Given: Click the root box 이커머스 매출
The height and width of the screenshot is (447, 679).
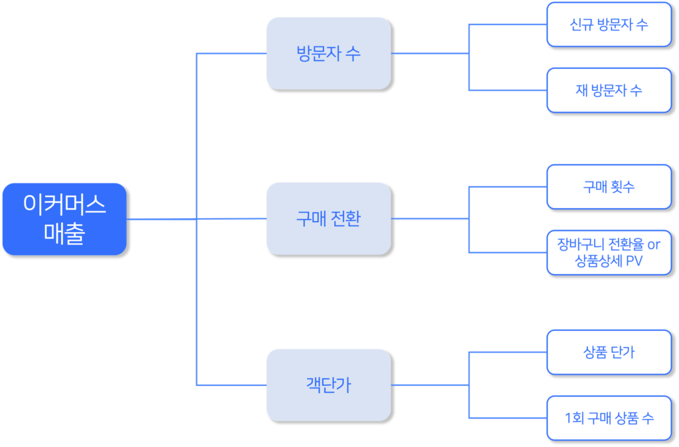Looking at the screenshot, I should pos(64,219).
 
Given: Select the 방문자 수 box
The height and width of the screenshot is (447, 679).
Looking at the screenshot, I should pos(328,53).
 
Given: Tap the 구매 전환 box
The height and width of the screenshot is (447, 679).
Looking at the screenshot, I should pos(328,218).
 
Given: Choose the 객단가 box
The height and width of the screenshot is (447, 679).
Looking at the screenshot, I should pos(328,384).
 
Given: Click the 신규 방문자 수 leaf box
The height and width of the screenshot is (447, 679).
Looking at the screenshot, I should pos(609,25).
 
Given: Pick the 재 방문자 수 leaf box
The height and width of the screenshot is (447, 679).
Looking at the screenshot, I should pos(609,90).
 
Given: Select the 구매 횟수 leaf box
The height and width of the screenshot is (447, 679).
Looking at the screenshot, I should pos(609,186).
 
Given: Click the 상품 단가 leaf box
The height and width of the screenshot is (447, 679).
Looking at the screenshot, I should pos(609,351).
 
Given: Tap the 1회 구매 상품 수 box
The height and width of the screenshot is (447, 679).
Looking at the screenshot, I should pos(609,418).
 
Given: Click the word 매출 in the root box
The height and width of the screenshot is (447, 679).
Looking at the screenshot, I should pos(64,233).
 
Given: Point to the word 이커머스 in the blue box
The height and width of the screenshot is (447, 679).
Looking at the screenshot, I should pos(64,204).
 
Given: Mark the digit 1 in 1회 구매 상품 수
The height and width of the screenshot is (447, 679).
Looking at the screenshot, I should pos(568,418).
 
